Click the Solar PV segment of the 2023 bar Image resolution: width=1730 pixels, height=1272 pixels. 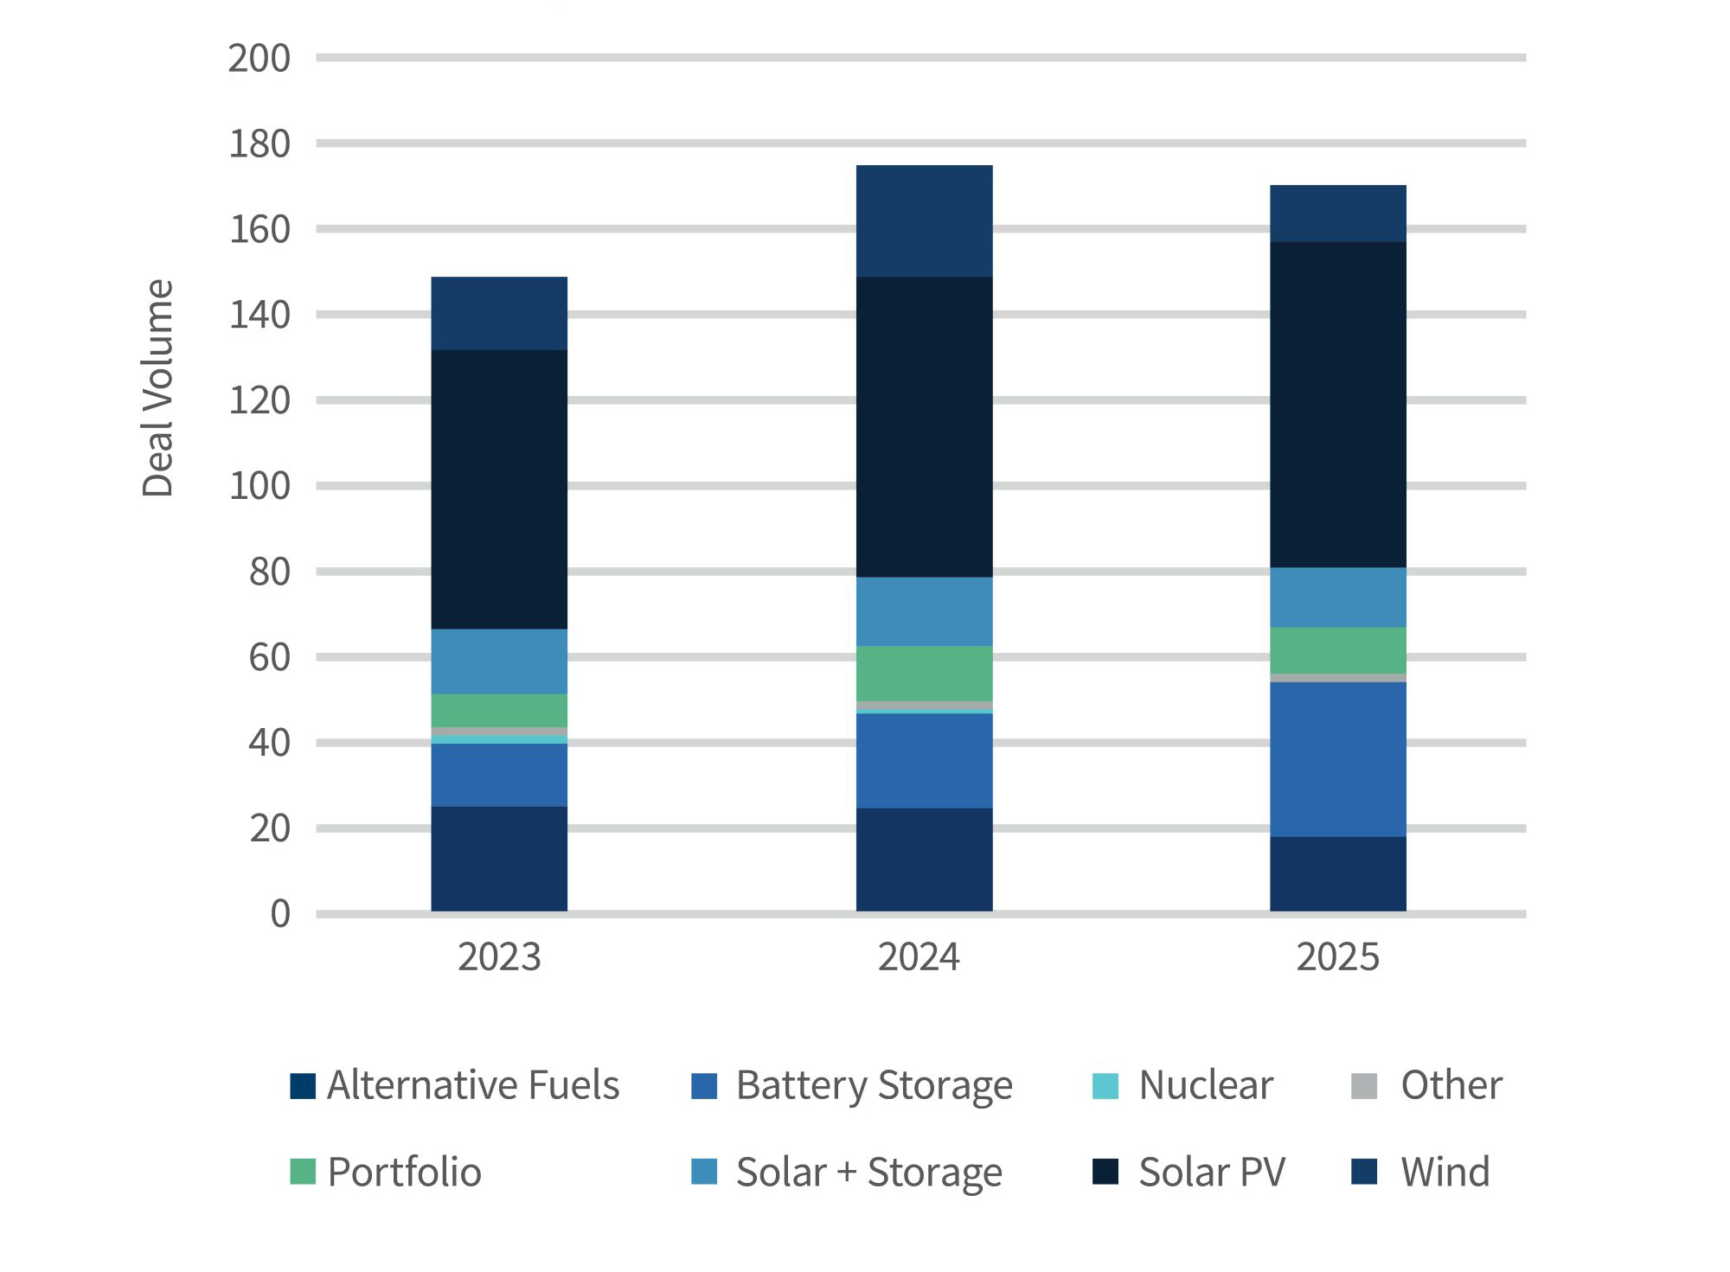coord(499,489)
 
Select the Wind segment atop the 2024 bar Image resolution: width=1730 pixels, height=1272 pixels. coord(924,221)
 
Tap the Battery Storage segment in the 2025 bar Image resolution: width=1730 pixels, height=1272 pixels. coord(1337,758)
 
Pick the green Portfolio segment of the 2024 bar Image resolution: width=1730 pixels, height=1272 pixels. coord(924,673)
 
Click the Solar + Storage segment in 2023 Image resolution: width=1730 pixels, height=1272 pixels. coord(499,661)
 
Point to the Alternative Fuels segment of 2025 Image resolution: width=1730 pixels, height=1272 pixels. coord(1337,873)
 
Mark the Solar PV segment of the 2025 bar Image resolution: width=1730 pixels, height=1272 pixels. coord(1337,404)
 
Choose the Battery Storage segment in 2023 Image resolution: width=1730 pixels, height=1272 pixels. coord(499,775)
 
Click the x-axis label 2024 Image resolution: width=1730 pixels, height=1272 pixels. coord(919,957)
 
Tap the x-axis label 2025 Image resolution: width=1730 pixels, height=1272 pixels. coord(1337,957)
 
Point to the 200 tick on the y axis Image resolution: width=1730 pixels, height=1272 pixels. coord(259,59)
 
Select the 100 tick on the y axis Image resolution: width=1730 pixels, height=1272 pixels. coord(259,486)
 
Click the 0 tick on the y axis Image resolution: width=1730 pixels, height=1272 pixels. coord(279,914)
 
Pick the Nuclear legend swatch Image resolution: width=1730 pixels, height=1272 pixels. coord(1105,1085)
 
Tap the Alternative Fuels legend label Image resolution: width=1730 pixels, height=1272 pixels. coord(472,1085)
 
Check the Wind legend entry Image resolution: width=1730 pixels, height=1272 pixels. coord(1445,1173)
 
